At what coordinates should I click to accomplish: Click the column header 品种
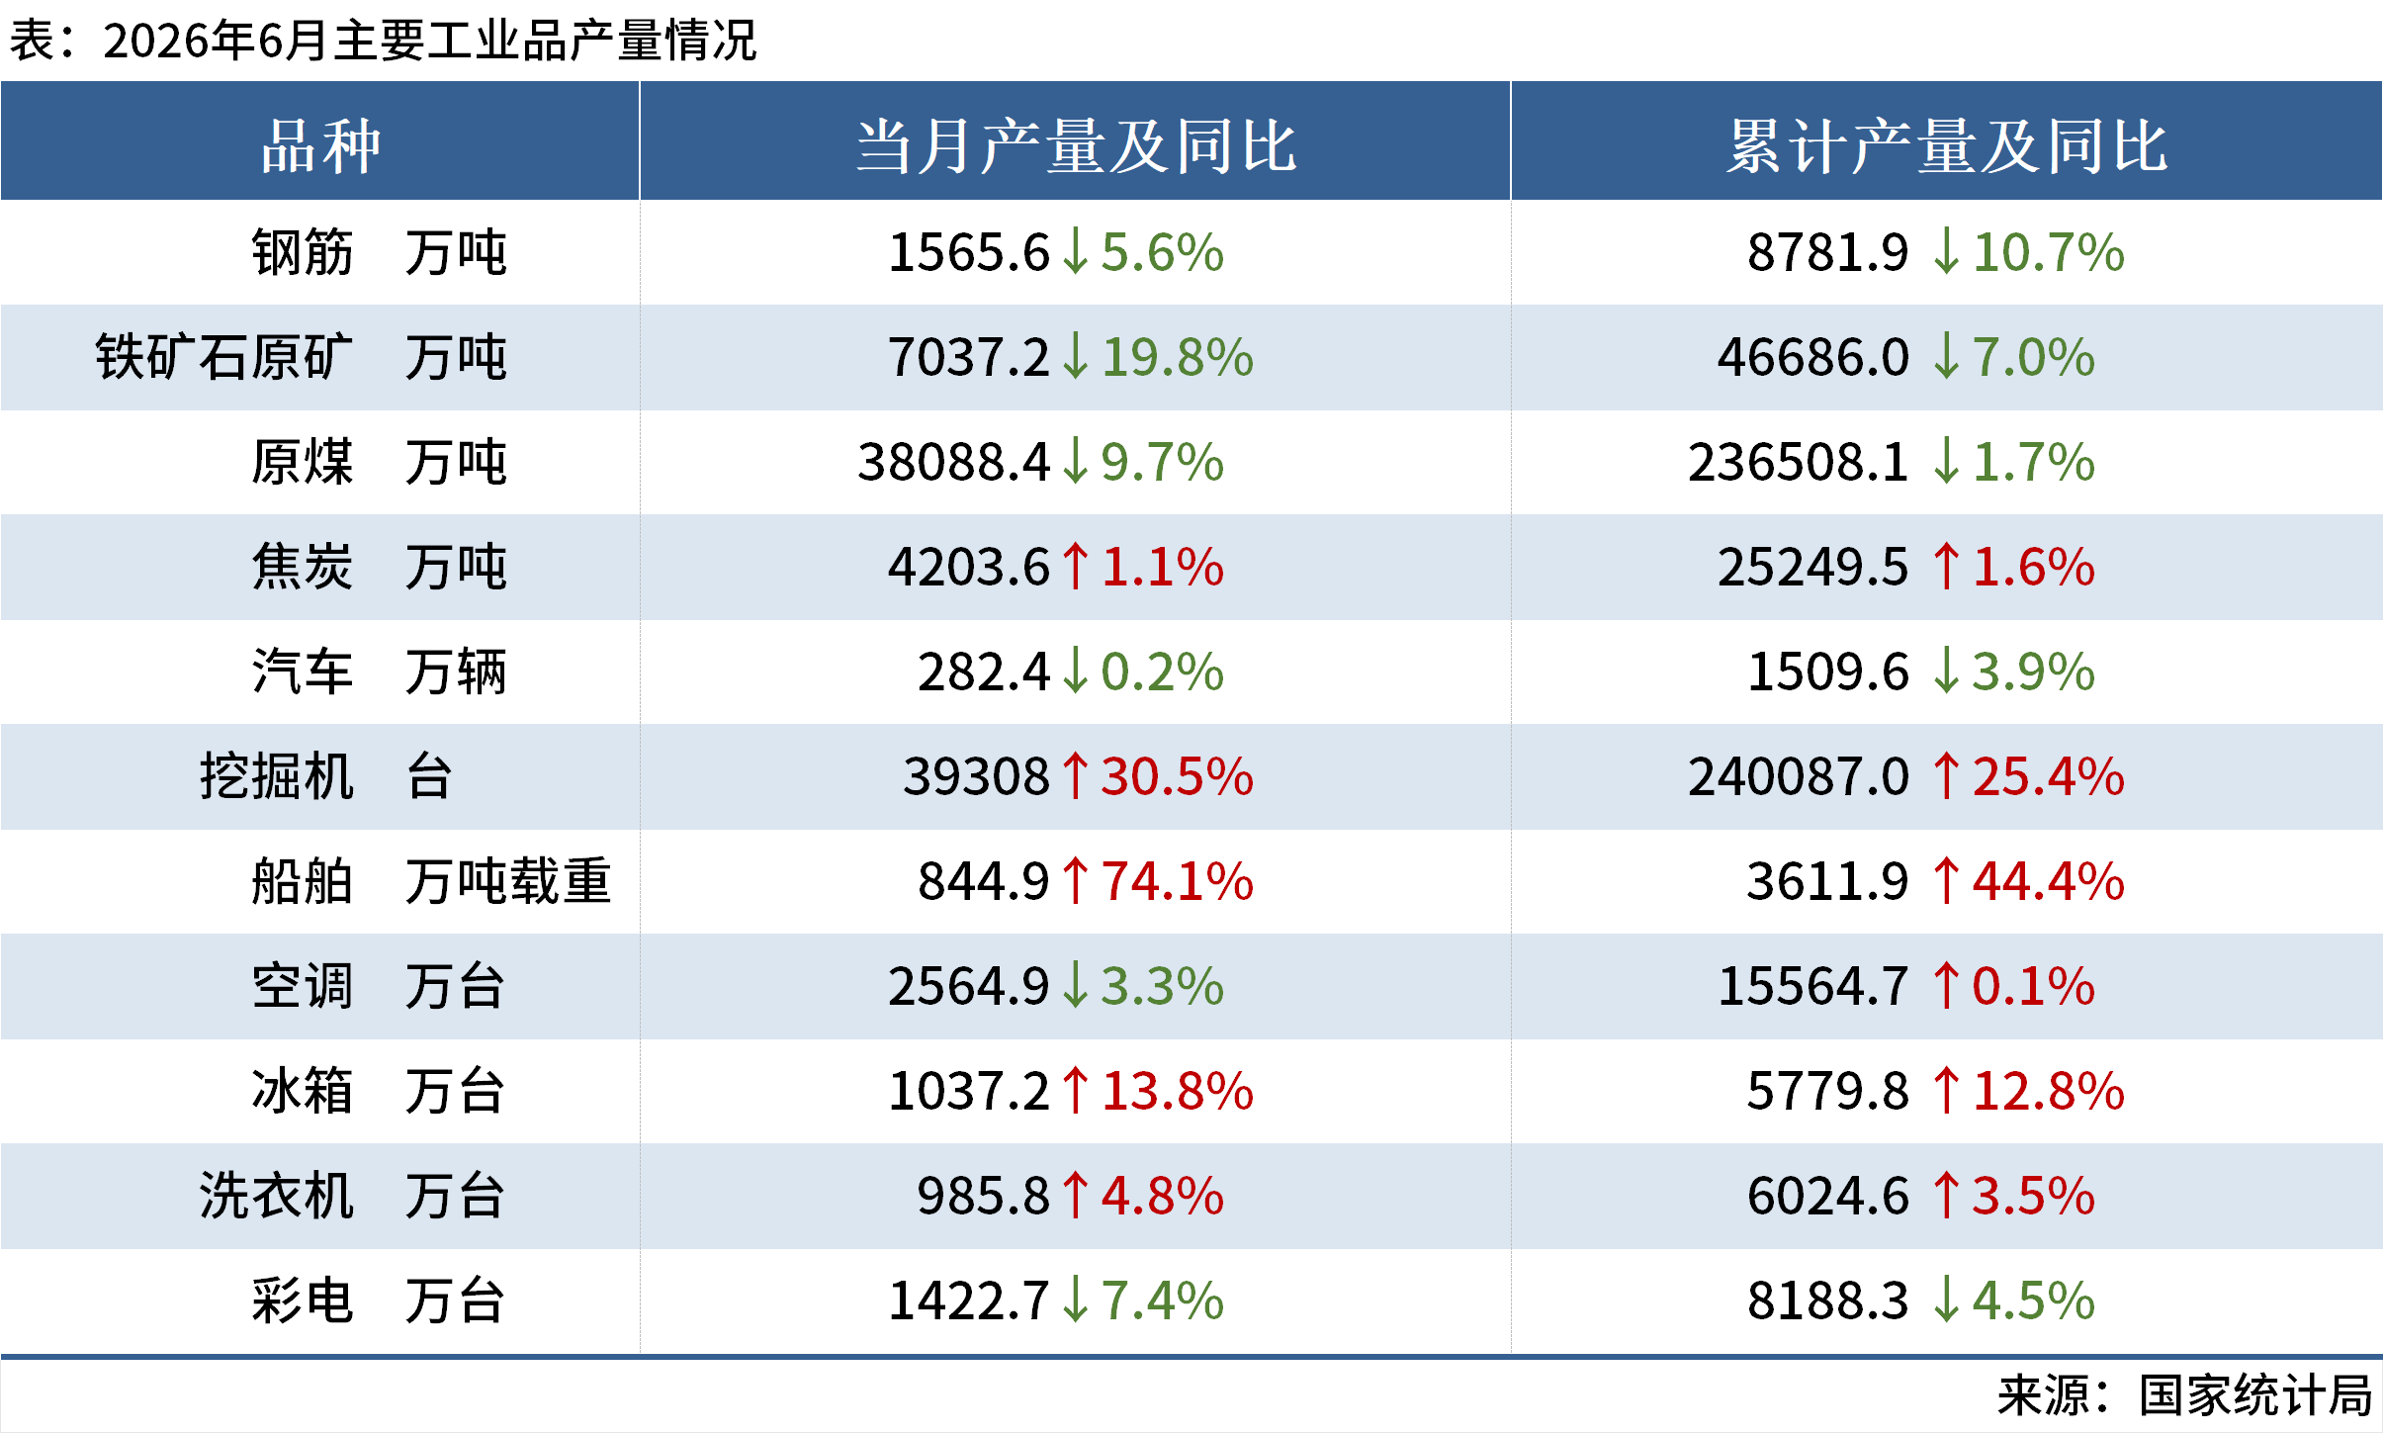[x=320, y=146]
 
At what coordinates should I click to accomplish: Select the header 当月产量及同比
[x=1076, y=146]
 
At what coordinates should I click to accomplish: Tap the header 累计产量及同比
[x=1947, y=146]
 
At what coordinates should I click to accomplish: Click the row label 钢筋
[x=302, y=252]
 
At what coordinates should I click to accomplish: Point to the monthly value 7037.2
[x=968, y=357]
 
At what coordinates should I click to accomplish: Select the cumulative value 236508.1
[x=1798, y=462]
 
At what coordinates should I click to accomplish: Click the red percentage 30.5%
[x=1177, y=776]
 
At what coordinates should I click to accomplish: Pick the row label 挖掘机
[x=277, y=776]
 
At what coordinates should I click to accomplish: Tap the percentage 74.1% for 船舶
[x=1177, y=881]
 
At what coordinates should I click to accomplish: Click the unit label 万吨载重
[x=508, y=881]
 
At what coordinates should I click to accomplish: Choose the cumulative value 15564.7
[x=1813, y=986]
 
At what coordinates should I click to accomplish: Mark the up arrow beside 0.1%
[x=1946, y=986]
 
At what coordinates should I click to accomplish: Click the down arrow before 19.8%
[x=1075, y=357]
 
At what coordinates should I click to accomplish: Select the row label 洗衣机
[x=277, y=1196]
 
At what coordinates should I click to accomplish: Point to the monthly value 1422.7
[x=968, y=1300]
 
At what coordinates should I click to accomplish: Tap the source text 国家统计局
[x=2255, y=1395]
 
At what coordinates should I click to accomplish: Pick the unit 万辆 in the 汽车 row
[x=456, y=672]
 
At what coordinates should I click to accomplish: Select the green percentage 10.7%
[x=2048, y=252]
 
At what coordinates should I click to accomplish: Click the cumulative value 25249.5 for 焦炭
[x=1813, y=567]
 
